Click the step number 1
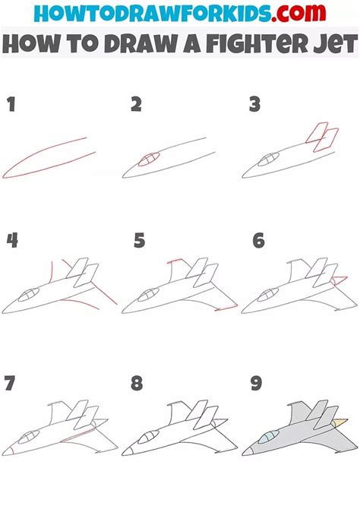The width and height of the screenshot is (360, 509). (x=11, y=106)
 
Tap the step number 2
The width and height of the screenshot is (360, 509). (x=136, y=106)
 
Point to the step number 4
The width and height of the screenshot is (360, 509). (x=12, y=241)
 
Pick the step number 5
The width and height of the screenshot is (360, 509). (x=139, y=241)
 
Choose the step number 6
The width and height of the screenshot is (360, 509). (x=259, y=241)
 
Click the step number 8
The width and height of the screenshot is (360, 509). (x=137, y=384)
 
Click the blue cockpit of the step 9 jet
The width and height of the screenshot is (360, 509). (x=267, y=438)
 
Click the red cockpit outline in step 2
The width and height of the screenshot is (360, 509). (x=148, y=159)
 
